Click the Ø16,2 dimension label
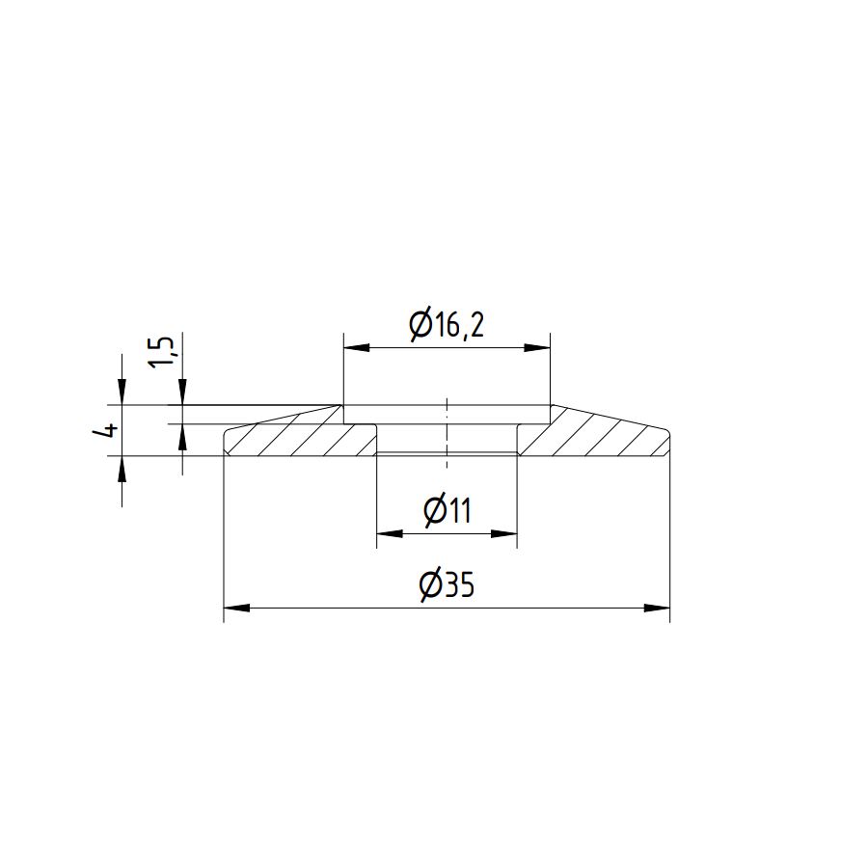click(x=447, y=326)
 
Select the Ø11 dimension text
click(x=448, y=510)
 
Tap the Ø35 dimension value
click(x=447, y=584)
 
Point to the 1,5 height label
click(x=162, y=351)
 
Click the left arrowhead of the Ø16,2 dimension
click(x=357, y=348)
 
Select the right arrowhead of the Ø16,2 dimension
click(x=537, y=348)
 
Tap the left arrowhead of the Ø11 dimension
click(x=390, y=534)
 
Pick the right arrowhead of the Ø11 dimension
click(x=503, y=534)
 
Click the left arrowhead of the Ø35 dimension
click(x=236, y=608)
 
